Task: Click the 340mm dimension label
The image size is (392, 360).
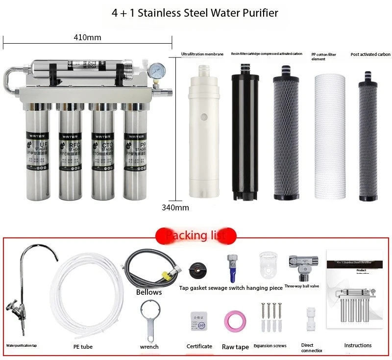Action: click(x=175, y=207)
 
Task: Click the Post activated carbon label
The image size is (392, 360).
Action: click(x=370, y=54)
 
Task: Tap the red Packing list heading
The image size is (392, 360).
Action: click(x=196, y=235)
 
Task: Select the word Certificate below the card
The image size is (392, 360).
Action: click(x=199, y=346)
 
